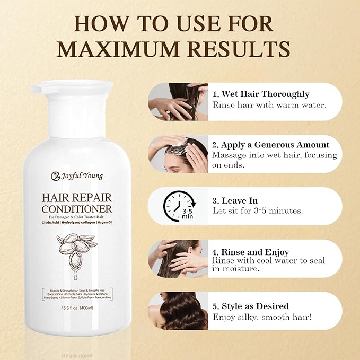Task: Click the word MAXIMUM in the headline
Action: tap(121, 48)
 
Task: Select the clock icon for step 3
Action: tap(177, 205)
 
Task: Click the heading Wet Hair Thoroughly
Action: tap(260, 94)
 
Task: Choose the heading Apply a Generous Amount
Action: tap(270, 145)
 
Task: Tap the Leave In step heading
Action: tap(235, 200)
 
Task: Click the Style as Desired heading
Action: tap(251, 306)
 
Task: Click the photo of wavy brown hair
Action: tap(177, 311)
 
